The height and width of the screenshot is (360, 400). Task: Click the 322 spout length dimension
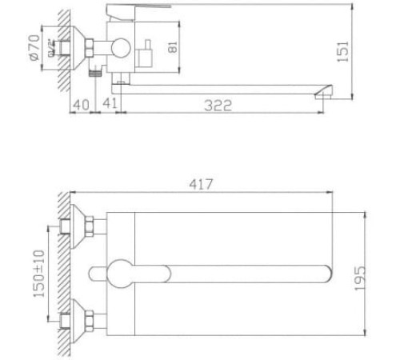(217, 105)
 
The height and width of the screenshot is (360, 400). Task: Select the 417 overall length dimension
(201, 185)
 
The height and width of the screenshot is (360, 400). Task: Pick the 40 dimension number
(80, 104)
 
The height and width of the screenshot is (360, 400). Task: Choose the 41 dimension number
(110, 104)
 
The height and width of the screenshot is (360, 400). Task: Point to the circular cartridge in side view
(121, 46)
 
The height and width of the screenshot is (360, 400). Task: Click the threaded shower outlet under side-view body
(96, 71)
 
